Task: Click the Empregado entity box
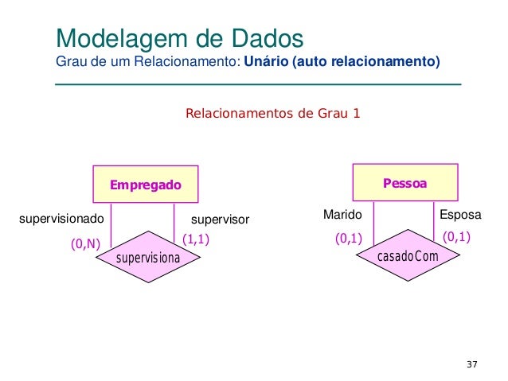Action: (x=146, y=185)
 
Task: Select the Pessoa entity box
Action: (x=405, y=183)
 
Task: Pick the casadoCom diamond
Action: (x=407, y=256)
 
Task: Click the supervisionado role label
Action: (x=61, y=218)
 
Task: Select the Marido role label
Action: (x=342, y=215)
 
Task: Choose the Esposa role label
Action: (x=460, y=215)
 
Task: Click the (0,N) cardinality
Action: (x=85, y=245)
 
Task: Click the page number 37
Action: (x=471, y=364)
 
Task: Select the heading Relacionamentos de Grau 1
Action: (x=272, y=113)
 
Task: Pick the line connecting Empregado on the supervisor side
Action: (x=174, y=221)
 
